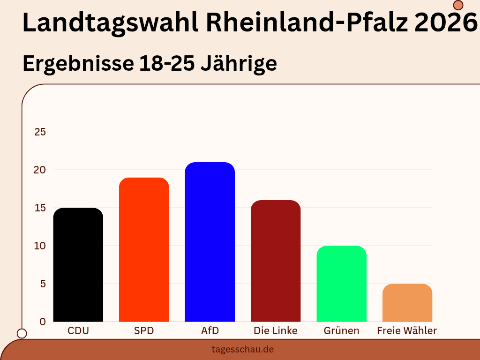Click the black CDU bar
(78, 265)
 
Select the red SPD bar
(144, 250)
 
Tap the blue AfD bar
(210, 242)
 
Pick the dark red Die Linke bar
(276, 261)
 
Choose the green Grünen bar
(341, 284)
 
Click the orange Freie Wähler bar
(407, 303)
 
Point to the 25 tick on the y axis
(40, 132)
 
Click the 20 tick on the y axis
(40, 170)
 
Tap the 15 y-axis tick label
(40, 208)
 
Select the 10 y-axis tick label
(40, 246)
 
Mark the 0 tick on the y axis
(43, 322)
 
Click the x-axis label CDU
(78, 330)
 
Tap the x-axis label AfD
(210, 330)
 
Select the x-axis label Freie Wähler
(407, 330)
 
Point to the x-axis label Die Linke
(276, 330)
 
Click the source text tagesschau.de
(242, 349)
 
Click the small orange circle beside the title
(458, 5)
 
